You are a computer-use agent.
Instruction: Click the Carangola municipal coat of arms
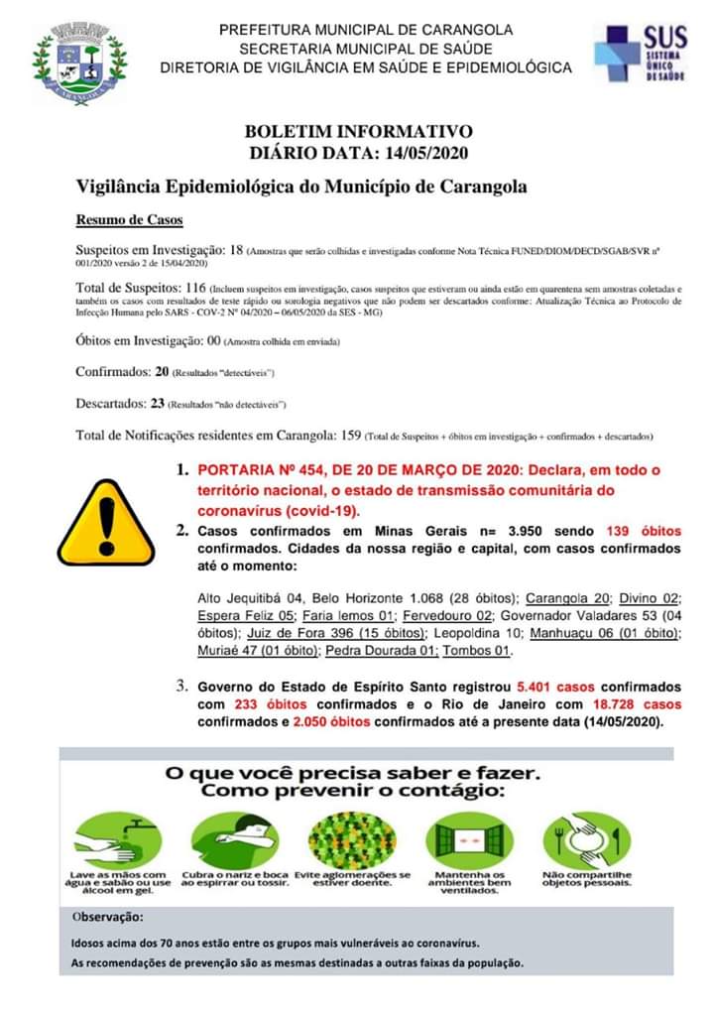coord(78,63)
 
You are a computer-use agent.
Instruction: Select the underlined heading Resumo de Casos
coord(129,219)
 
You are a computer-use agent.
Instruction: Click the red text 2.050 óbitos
coord(332,722)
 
